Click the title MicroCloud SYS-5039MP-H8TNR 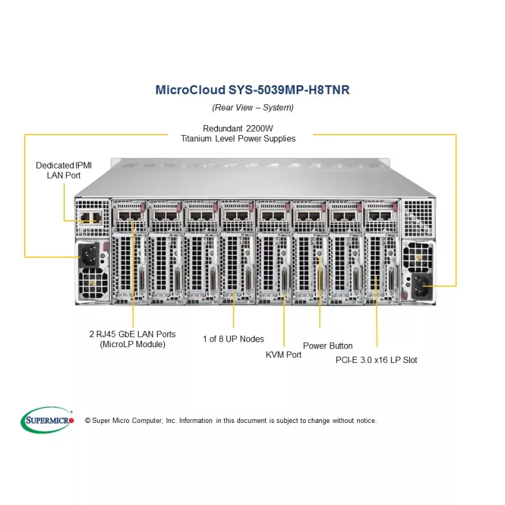[252, 90]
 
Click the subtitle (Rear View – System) [252, 107]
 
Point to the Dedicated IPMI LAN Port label [64, 170]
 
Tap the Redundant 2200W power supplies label [238, 133]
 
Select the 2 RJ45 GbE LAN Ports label [133, 339]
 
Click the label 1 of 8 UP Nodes [234, 339]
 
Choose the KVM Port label [283, 355]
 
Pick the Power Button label [328, 346]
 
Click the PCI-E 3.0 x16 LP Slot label [376, 360]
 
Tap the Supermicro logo [48, 420]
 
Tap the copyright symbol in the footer [88, 420]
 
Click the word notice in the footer [366, 420]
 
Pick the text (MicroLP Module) [133, 344]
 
